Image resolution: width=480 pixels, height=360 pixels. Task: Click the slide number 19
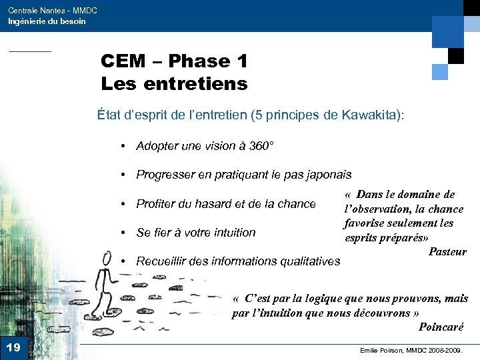13,347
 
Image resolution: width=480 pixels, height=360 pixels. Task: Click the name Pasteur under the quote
447,251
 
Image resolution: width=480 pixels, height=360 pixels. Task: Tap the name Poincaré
441,326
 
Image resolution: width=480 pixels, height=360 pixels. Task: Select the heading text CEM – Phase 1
174,61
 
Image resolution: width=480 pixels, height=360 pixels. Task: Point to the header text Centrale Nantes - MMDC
53,11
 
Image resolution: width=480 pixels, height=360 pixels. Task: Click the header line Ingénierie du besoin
47,21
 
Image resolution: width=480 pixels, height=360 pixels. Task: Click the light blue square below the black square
440,71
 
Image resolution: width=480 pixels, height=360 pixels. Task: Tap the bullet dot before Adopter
125,146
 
